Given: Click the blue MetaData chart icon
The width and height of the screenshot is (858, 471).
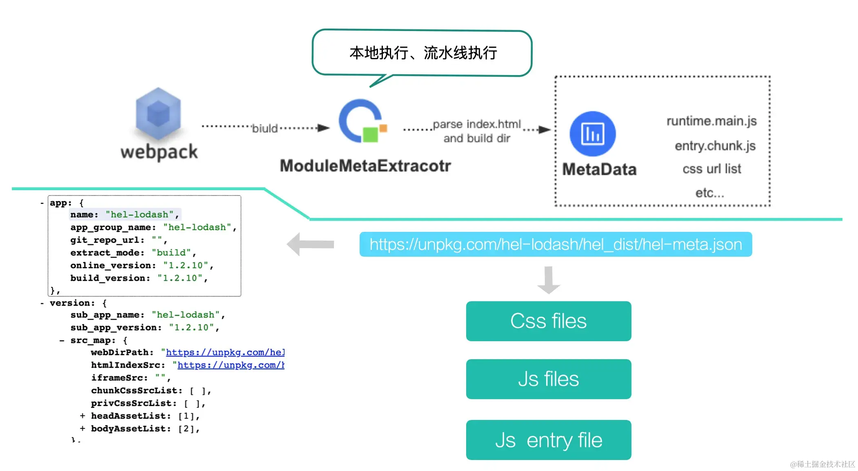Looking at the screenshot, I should click(592, 134).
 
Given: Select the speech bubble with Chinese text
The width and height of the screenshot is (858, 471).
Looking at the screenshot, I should click(422, 53).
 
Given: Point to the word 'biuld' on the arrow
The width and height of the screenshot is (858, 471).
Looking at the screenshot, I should click(265, 129).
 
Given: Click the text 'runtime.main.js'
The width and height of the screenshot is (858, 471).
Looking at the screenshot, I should click(711, 121).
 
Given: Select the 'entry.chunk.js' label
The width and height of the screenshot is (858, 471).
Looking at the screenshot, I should click(715, 146).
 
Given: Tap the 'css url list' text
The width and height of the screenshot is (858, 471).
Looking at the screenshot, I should click(711, 169).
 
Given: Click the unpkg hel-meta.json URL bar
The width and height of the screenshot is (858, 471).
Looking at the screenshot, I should click(556, 244).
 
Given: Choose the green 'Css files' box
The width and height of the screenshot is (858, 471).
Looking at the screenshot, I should click(548, 321).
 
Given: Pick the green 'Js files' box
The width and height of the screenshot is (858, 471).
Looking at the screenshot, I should click(548, 379).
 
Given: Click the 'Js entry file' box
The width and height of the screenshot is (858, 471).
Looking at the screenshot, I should click(548, 440).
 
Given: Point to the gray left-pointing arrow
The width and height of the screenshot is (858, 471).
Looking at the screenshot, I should click(311, 244).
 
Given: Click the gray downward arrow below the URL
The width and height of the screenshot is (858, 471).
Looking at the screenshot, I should click(549, 280).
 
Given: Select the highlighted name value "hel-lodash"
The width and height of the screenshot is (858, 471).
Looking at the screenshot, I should click(140, 215).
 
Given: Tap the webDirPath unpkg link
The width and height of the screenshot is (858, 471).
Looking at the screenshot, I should click(225, 352).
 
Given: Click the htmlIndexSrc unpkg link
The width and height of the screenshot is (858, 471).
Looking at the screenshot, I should click(231, 365).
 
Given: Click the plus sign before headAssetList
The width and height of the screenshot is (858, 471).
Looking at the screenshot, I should click(82, 416).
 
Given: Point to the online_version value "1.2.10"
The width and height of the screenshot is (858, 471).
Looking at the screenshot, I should click(186, 266).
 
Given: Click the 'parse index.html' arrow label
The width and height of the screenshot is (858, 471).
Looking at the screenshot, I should click(477, 124).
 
